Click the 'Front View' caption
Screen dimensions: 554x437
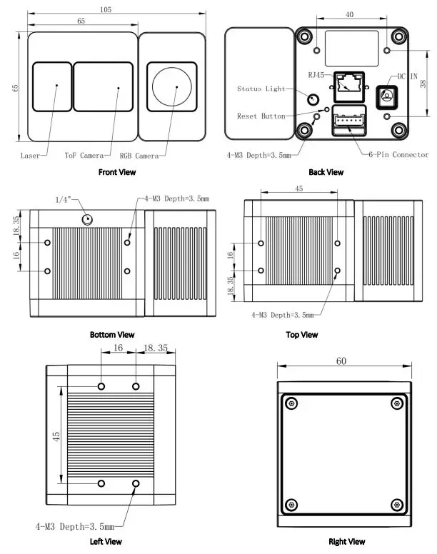(116, 172)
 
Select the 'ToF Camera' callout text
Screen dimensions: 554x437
(84, 155)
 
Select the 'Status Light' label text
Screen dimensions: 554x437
(261, 89)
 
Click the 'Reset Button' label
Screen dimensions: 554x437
(261, 116)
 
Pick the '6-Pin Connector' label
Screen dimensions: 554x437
(398, 155)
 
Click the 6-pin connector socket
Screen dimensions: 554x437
(348, 123)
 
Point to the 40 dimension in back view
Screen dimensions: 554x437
(349, 14)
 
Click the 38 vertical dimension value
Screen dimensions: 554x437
(424, 84)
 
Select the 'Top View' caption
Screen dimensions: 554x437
(301, 335)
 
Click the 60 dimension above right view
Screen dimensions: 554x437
(341, 362)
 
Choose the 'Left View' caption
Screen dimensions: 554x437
(106, 542)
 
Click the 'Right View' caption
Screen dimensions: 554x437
(346, 542)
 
